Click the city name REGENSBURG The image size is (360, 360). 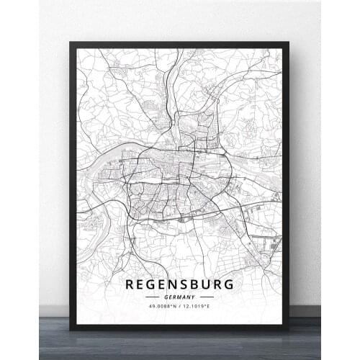[x=179, y=284]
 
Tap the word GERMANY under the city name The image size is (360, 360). [x=179, y=296]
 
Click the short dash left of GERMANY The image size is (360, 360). [x=153, y=296]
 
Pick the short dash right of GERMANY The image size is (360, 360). [x=207, y=296]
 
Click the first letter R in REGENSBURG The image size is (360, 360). [x=130, y=284]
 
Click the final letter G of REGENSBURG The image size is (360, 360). [x=229, y=284]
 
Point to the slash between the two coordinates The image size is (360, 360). [x=180, y=306]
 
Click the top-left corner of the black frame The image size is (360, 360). [x=71, y=42]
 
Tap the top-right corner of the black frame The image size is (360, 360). [x=289, y=42]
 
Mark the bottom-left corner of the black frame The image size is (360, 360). [x=71, y=329]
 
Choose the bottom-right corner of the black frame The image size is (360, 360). [x=289, y=329]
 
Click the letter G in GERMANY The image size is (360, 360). [x=166, y=296]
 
